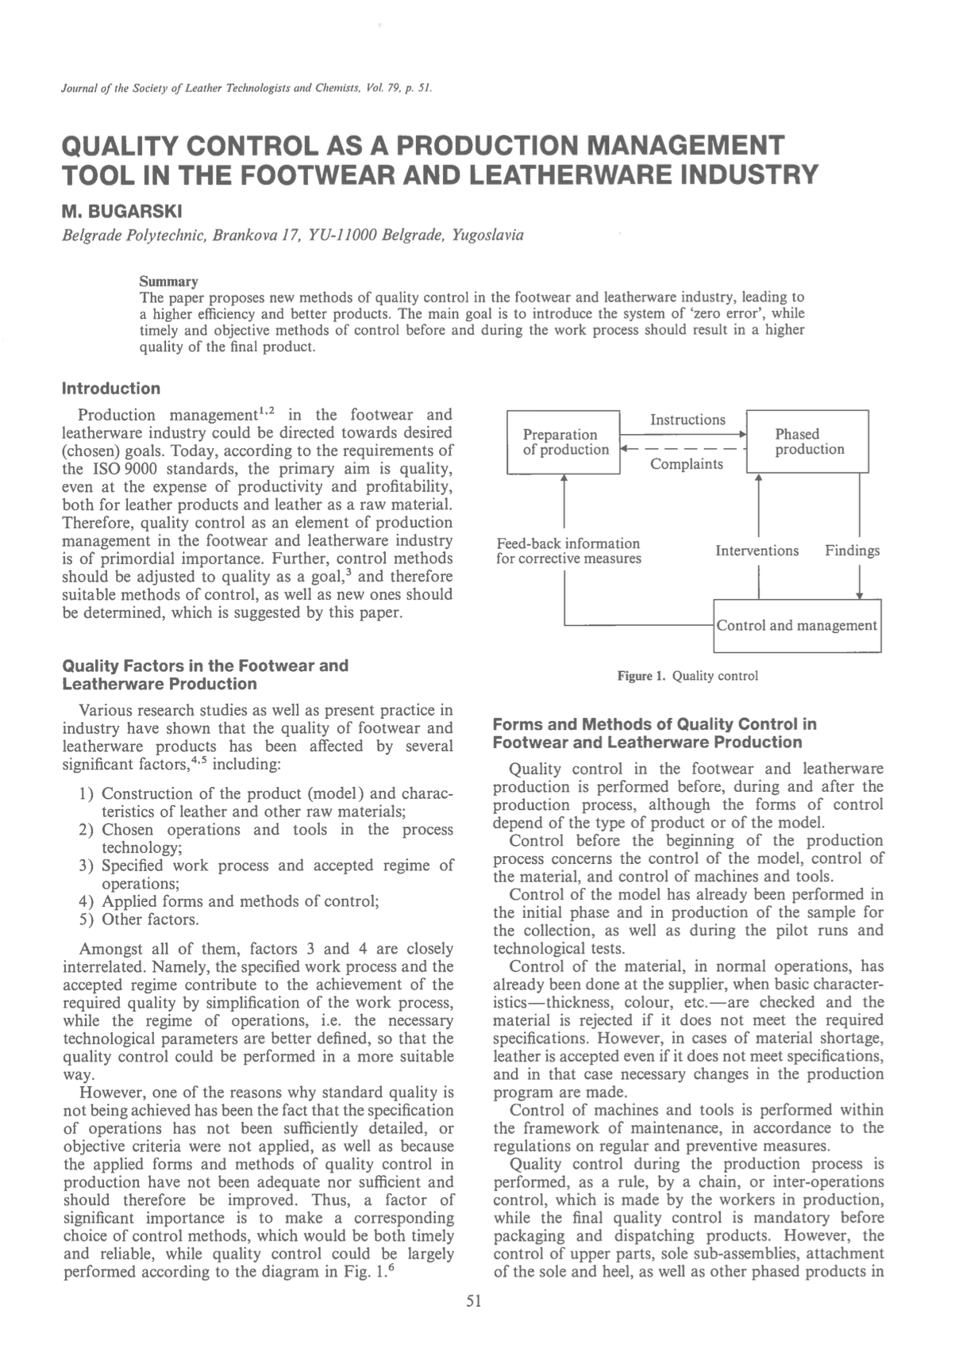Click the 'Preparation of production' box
[x=563, y=442]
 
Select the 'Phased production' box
[x=808, y=441]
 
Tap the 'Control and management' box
[x=797, y=626]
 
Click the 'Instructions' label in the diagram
[x=687, y=420]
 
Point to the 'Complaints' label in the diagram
[x=687, y=464]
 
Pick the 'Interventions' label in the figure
[x=757, y=551]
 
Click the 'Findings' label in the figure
[x=852, y=551]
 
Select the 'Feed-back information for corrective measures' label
[x=568, y=551]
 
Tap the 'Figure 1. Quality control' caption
[x=687, y=676]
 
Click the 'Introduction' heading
[x=111, y=388]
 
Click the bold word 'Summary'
[x=168, y=282]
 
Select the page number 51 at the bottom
[x=474, y=1300]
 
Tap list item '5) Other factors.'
[x=139, y=920]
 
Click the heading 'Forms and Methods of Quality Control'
[x=655, y=724]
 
